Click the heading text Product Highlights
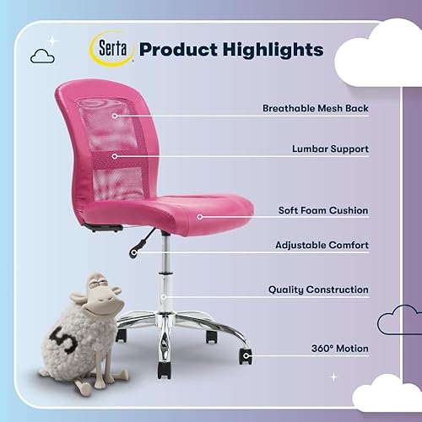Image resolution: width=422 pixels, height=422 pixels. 230,49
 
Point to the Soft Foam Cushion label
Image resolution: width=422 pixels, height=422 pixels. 322,210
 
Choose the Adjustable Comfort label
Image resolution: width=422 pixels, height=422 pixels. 322,245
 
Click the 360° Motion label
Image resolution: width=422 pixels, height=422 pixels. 338,348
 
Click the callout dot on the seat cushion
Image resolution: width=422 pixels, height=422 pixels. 200,217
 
